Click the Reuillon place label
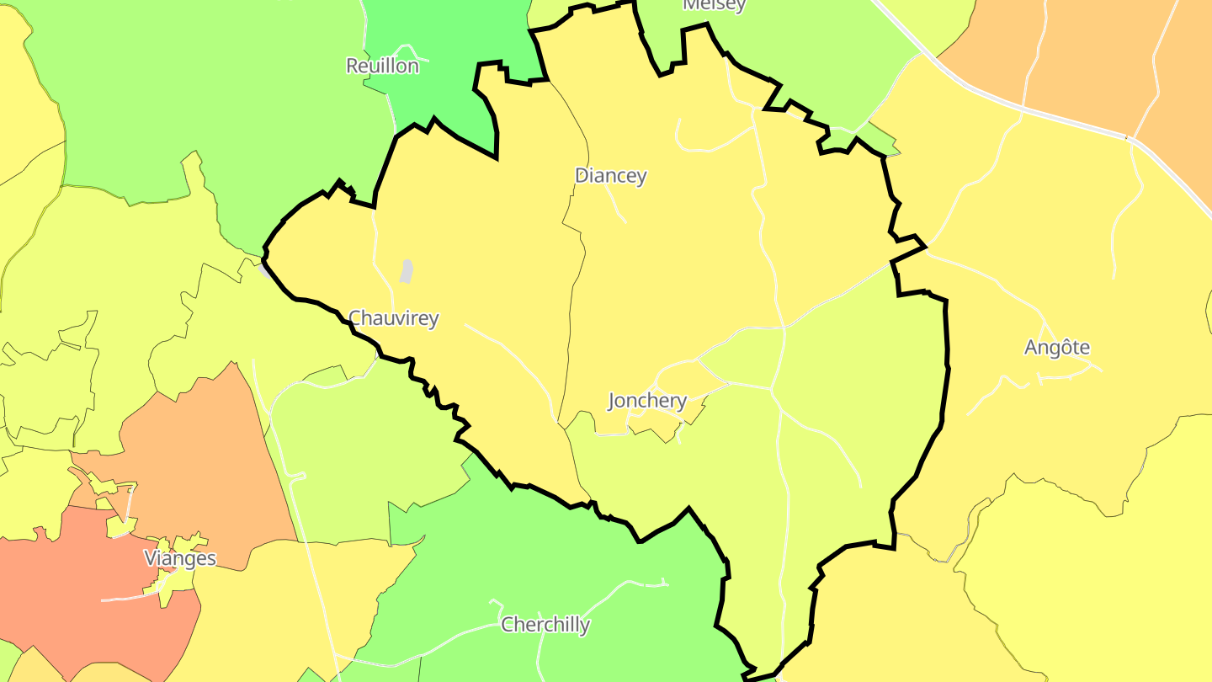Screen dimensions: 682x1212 coord(382,66)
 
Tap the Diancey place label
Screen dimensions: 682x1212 coord(610,175)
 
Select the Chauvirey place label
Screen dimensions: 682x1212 coord(393,318)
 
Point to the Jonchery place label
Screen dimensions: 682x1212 coord(647,401)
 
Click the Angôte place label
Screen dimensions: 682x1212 coord(1057,347)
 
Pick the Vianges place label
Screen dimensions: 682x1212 coord(180,558)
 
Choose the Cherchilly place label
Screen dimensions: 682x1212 coord(545,625)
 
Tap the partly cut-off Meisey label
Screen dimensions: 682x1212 coord(714,5)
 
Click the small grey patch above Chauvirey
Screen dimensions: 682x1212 coord(407,271)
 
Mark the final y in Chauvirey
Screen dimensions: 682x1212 coord(433,320)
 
